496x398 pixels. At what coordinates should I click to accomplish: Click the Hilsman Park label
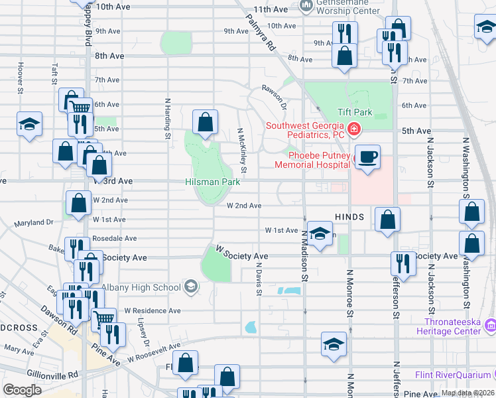pos(212,181)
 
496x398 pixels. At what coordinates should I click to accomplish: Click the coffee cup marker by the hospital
pos(367,157)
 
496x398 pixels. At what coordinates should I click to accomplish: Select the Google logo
pos(23,389)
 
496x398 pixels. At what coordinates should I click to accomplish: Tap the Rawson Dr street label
pos(273,96)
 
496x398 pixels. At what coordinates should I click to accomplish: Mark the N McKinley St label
pos(241,153)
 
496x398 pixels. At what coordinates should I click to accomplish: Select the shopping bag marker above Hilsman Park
pos(206,122)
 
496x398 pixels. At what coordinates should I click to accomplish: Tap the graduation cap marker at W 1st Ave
pos(320,233)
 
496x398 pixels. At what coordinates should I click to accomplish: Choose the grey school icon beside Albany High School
pos(190,287)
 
